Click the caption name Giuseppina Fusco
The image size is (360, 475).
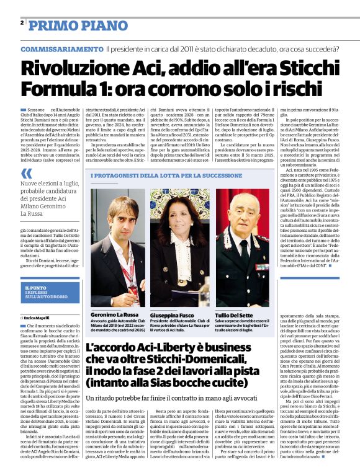pyautogui.click(x=177, y=315)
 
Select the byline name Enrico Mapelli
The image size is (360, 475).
pyautogui.click(x=40, y=317)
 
